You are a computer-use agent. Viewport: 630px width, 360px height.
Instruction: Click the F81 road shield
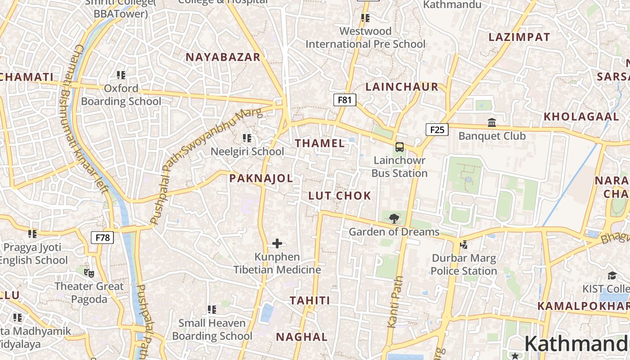(x=344, y=100)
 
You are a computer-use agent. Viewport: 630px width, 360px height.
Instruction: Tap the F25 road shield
(x=437, y=130)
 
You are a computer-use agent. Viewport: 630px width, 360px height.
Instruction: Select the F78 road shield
(x=102, y=238)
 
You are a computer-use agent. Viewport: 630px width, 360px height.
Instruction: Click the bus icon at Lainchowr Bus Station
(x=400, y=147)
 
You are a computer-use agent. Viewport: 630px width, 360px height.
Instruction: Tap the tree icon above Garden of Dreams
(x=394, y=219)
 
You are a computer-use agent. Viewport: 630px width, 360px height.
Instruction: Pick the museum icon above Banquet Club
(x=492, y=122)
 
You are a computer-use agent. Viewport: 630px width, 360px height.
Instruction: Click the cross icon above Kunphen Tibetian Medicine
(x=277, y=244)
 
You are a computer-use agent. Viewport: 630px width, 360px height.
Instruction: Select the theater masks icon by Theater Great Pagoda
(x=89, y=273)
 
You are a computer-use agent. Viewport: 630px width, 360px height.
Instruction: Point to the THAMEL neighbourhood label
(x=320, y=144)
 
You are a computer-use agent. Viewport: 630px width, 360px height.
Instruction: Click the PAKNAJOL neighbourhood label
(x=261, y=179)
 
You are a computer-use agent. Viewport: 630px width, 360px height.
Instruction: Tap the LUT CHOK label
(x=340, y=196)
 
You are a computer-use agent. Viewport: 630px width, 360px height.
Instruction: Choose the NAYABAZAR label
(x=223, y=57)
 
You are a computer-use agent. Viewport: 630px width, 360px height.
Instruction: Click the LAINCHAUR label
(x=402, y=87)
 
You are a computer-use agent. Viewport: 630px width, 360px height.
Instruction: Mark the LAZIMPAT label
(x=519, y=37)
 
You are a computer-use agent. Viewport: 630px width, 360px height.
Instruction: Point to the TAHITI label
(x=310, y=301)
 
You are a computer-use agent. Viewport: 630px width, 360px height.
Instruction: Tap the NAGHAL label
(x=301, y=337)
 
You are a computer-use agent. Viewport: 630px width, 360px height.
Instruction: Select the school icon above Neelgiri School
(x=247, y=138)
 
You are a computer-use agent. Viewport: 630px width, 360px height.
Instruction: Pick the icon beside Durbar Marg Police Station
(x=463, y=245)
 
